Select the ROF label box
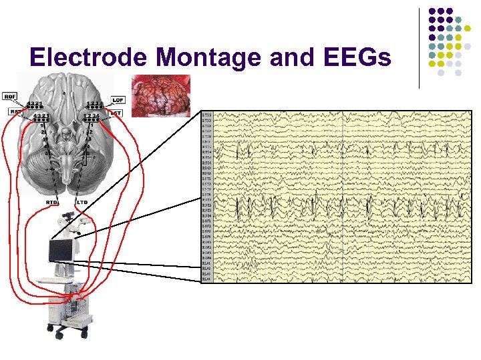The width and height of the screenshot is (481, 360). click(x=10, y=96)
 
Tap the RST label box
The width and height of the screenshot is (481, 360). click(x=11, y=112)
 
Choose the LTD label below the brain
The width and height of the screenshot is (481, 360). click(x=82, y=201)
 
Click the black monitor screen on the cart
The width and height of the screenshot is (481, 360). click(x=60, y=251)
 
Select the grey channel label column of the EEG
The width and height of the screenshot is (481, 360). click(x=207, y=197)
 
